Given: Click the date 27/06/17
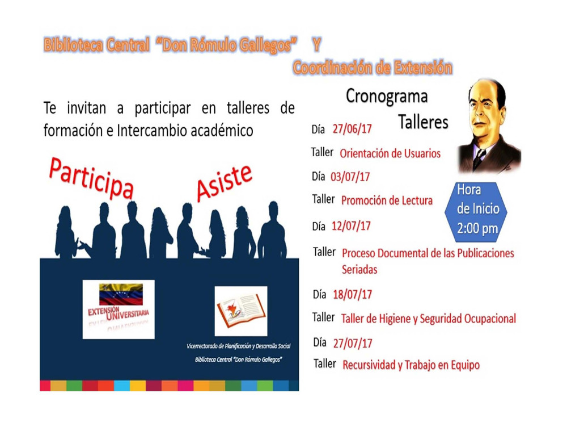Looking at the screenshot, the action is (352, 128).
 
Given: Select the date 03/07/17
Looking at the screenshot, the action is (350, 177).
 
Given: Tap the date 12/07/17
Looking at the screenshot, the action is (351, 226).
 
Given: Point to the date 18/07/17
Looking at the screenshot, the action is (353, 295).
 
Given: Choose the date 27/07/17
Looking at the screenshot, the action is (353, 344).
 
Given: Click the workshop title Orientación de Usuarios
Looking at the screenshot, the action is (390, 153).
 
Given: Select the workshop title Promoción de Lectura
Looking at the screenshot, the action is (387, 200).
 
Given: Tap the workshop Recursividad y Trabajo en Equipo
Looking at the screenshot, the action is (411, 365).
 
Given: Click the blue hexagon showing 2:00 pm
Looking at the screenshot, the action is (476, 211).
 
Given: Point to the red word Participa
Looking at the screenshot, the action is (91, 178).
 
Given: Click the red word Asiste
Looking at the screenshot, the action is (224, 183).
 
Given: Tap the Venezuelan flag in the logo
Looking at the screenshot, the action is (121, 294).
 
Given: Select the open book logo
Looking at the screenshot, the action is (241, 311).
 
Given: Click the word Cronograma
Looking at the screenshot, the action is (387, 97).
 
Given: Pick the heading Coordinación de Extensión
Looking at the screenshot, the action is (373, 68).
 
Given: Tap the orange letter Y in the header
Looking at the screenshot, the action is (317, 45).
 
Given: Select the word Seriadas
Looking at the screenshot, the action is (359, 270).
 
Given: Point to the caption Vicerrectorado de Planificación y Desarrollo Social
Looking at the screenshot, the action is (239, 346).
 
